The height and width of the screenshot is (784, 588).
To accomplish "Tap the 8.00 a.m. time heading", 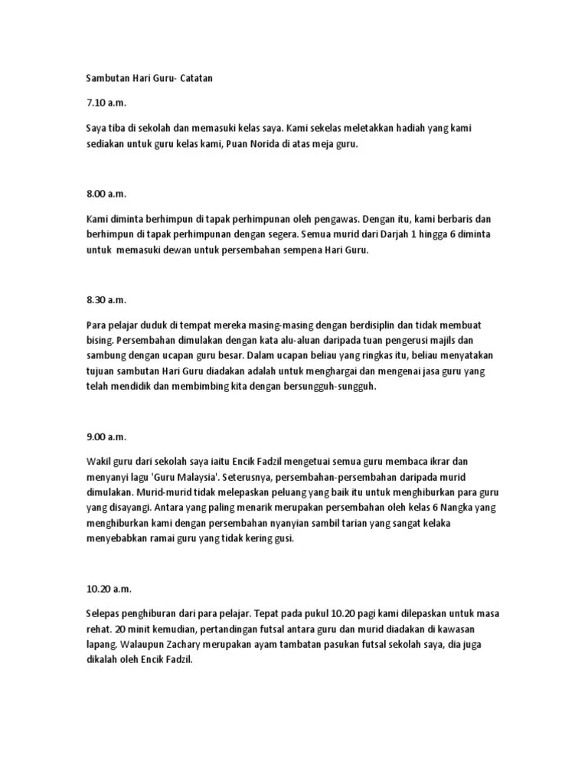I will point(106,194).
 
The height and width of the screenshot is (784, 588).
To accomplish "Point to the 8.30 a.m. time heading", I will point(106,299).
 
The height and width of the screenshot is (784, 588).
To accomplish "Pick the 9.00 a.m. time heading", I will point(106,436).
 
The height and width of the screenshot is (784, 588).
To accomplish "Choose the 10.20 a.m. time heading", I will point(109,589).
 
